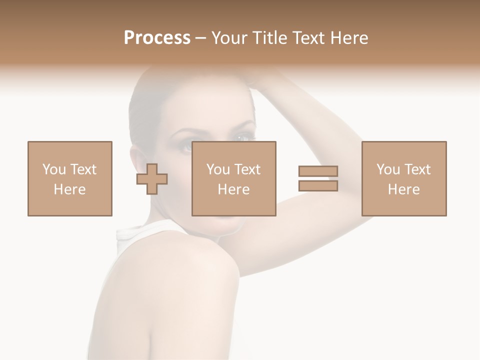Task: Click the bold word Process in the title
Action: click(157, 38)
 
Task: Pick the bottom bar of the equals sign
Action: click(318, 186)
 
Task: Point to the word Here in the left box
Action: click(69, 189)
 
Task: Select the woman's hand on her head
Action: click(265, 75)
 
